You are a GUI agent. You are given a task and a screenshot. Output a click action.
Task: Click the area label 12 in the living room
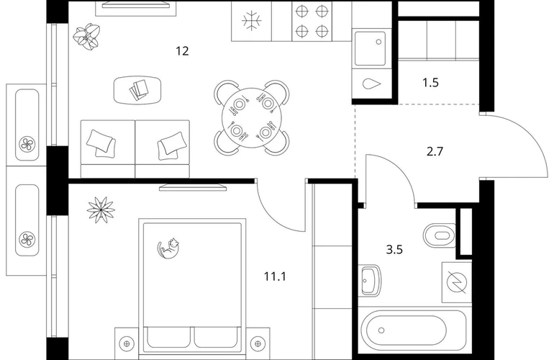point(182,51)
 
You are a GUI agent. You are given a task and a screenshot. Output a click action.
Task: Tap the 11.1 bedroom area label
point(276,276)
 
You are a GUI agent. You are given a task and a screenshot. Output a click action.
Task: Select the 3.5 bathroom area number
point(394,250)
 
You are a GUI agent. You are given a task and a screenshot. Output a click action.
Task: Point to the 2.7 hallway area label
point(435,152)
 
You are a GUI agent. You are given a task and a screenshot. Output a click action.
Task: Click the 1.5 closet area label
point(431,83)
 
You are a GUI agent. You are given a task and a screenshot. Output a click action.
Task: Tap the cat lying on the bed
point(168,248)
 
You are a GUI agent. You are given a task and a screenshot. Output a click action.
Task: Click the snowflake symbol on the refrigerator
point(252,20)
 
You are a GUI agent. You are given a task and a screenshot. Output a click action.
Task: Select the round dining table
point(252,118)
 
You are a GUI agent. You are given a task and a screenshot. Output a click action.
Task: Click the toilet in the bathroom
point(439,235)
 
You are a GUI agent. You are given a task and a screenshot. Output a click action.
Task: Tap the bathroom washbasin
point(371,280)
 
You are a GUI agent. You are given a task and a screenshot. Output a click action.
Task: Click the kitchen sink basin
point(371,48)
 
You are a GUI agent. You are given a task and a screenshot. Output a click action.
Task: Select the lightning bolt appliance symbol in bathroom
point(457,282)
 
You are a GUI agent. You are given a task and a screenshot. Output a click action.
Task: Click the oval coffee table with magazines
point(138,90)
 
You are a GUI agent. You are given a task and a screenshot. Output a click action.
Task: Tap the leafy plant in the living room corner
point(86,36)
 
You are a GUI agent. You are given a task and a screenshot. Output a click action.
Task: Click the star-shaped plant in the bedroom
point(101,210)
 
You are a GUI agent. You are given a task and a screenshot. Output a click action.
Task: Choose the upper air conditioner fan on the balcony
point(27,143)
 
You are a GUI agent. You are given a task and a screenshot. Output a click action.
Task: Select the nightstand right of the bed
point(258,343)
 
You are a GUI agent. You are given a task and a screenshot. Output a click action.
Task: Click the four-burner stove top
point(312,22)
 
